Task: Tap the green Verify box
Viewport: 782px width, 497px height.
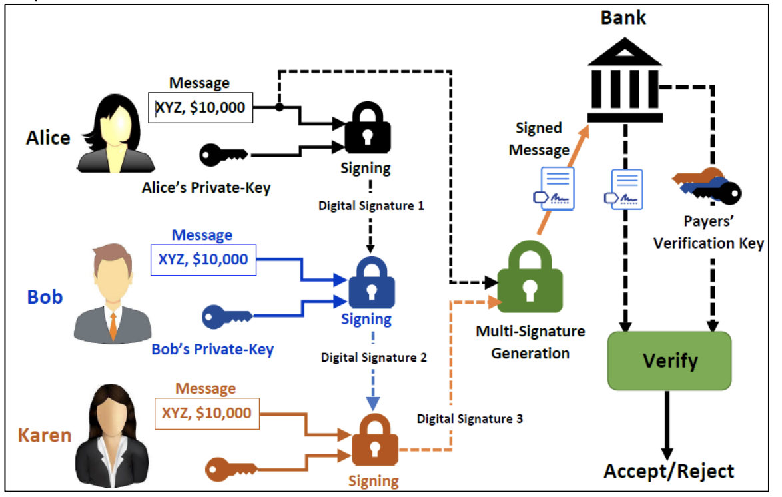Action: point(669,360)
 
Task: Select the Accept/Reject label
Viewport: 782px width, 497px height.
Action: point(669,472)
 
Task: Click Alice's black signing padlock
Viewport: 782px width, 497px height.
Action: point(367,129)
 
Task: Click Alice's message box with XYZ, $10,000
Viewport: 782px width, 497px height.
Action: point(200,107)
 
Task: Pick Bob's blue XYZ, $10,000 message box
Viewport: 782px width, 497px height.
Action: point(202,260)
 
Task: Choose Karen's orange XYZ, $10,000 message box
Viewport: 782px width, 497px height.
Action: point(206,413)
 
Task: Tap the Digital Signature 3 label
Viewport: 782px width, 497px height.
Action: point(470,419)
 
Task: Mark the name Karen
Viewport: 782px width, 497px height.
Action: point(44,436)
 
